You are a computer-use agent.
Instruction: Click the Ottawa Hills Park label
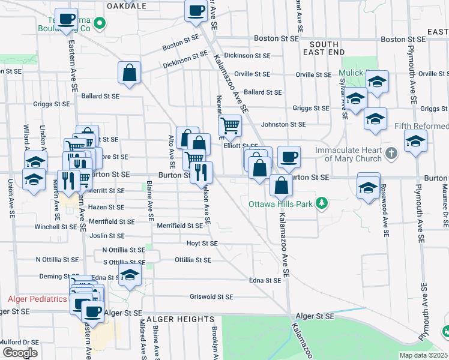pos(281,204)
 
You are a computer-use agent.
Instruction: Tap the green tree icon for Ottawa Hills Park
pos(322,203)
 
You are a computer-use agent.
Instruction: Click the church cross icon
pos(391,152)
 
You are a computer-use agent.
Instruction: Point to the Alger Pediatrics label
pos(37,299)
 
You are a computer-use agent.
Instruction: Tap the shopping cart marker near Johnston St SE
pos(231,125)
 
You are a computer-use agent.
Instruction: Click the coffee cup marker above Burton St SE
pos(289,156)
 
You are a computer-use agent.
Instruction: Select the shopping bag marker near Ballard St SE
pos(129,73)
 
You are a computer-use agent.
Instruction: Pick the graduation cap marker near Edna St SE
pos(129,275)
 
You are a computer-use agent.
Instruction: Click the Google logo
pos(20,353)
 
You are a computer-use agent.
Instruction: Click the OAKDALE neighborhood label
pos(126,5)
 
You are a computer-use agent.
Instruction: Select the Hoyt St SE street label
pos(202,244)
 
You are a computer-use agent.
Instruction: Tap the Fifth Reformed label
pos(421,127)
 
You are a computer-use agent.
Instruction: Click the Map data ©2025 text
pos(423,355)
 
